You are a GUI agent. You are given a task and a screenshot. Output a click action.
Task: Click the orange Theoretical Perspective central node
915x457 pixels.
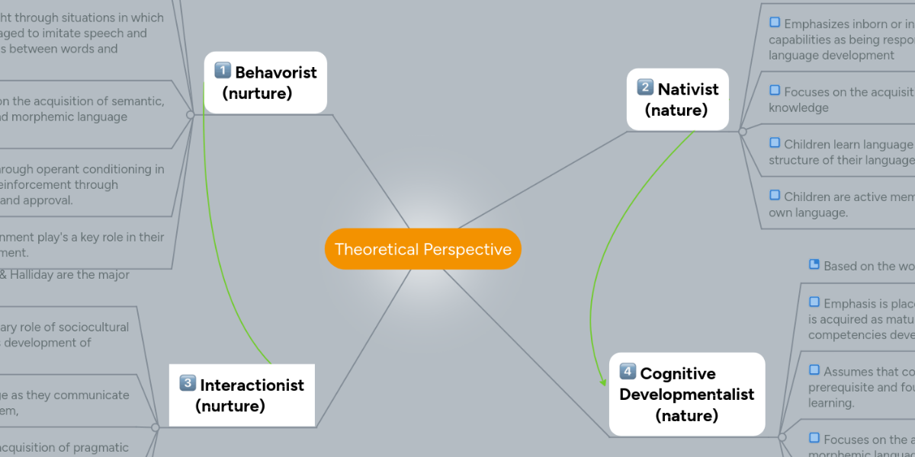pos(422,249)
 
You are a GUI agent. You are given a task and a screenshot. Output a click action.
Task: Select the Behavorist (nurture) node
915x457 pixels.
pos(265,82)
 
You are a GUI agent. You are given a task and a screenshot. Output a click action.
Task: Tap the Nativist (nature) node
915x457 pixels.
pos(678,99)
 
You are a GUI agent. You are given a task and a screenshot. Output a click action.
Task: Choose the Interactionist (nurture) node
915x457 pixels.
pos(241,395)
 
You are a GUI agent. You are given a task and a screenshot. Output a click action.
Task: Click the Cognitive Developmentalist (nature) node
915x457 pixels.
pos(686,394)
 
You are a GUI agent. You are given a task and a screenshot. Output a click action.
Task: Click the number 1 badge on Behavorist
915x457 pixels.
pos(223,71)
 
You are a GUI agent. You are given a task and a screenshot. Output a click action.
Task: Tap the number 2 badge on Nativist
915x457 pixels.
pos(645,88)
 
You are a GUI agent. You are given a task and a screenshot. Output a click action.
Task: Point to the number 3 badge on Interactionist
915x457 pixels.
pos(188,383)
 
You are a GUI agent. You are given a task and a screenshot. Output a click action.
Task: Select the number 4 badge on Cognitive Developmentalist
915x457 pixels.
pos(628,372)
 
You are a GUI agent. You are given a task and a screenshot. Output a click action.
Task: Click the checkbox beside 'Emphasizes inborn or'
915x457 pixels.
pos(775,22)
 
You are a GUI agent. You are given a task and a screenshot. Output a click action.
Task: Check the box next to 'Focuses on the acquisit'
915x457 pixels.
pos(775,91)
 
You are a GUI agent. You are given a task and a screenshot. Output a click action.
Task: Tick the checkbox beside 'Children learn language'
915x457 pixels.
pos(775,142)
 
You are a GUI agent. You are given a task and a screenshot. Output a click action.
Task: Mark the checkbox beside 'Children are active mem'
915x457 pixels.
pos(775,195)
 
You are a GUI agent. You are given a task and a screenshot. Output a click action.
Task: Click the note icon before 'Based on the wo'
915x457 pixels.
pos(814,264)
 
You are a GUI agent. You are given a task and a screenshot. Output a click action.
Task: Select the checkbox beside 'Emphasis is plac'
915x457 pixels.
pos(814,302)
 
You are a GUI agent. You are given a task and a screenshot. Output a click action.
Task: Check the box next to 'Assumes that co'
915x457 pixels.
pos(814,369)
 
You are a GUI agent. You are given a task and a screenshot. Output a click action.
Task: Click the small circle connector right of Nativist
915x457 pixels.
pos(743,131)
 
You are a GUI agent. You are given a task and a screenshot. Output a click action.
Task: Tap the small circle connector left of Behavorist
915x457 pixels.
pos(190,115)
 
